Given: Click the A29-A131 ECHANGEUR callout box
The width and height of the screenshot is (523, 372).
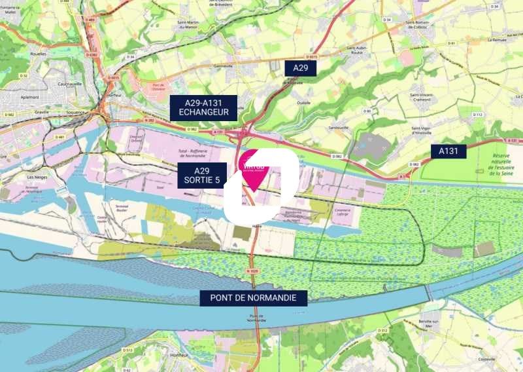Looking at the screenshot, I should click(203, 107).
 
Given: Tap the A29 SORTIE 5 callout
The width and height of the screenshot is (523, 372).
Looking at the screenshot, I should click(202, 175).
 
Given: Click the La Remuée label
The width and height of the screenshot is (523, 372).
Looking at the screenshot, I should click(498, 39).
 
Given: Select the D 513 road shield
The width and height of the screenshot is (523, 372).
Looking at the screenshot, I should click(127, 350).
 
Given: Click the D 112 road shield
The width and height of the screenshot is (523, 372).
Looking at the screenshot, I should click(477, 115).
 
